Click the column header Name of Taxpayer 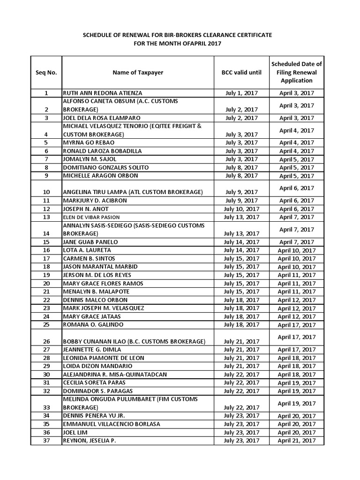pyautogui.click(x=138, y=73)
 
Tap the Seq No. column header pyautogui.click(x=46, y=73)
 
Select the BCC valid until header pyautogui.click(x=241, y=73)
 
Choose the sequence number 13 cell pyautogui.click(x=46, y=217)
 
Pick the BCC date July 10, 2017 pyautogui.click(x=241, y=209)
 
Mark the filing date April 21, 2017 pyautogui.click(x=296, y=441)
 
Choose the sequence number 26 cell pyautogui.click(x=46, y=341)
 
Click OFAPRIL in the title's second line pyautogui.click(x=186, y=44)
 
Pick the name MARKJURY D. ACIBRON pyautogui.click(x=95, y=201)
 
